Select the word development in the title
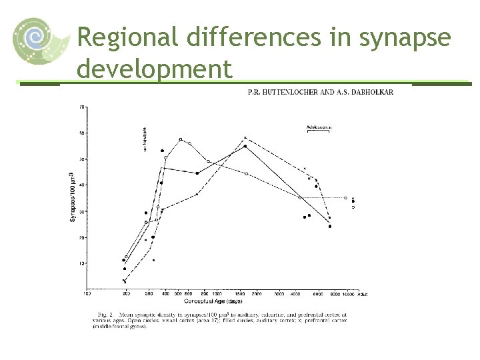pos(155,69)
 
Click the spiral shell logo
pos(39,41)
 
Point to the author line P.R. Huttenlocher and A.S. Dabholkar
pos(321,92)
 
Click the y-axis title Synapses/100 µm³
pos(73,197)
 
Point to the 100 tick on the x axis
pos(87,293)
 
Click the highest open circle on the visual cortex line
pos(181,139)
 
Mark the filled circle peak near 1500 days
pos(245,146)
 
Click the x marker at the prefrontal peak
pos(245,137)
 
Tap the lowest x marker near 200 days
pos(125,281)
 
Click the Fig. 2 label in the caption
pos(105,313)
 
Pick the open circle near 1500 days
pos(246,173)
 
